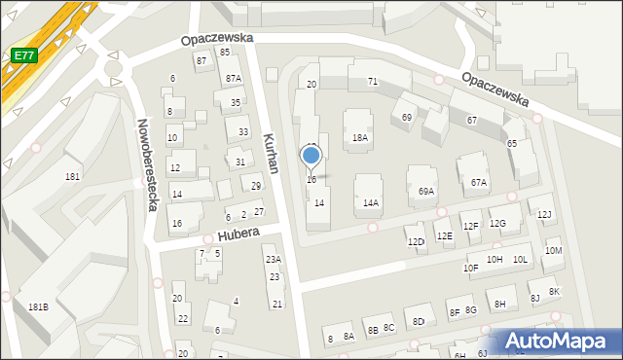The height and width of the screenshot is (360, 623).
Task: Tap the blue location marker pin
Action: pos(311,156)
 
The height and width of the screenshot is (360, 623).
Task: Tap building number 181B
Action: pos(38,307)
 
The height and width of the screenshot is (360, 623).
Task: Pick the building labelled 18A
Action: pos(360,138)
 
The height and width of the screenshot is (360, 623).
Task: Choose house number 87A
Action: pos(234,79)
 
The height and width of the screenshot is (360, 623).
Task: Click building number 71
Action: pos(372,82)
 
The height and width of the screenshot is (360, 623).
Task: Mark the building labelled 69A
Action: pos(426,193)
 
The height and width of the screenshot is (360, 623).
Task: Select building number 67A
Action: pos(479,183)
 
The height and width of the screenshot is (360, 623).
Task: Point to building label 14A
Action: pos(371,203)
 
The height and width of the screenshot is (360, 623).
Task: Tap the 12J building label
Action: pos(545,214)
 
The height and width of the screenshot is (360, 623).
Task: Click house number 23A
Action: pos(274,260)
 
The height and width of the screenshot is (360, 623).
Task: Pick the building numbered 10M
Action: pos(554,251)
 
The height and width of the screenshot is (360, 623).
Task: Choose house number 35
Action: pos(236,102)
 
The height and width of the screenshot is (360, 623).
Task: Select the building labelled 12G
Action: pos(498,224)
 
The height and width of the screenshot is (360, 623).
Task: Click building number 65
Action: pos(512,144)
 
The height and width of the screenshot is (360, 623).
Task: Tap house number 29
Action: pos(257,186)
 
